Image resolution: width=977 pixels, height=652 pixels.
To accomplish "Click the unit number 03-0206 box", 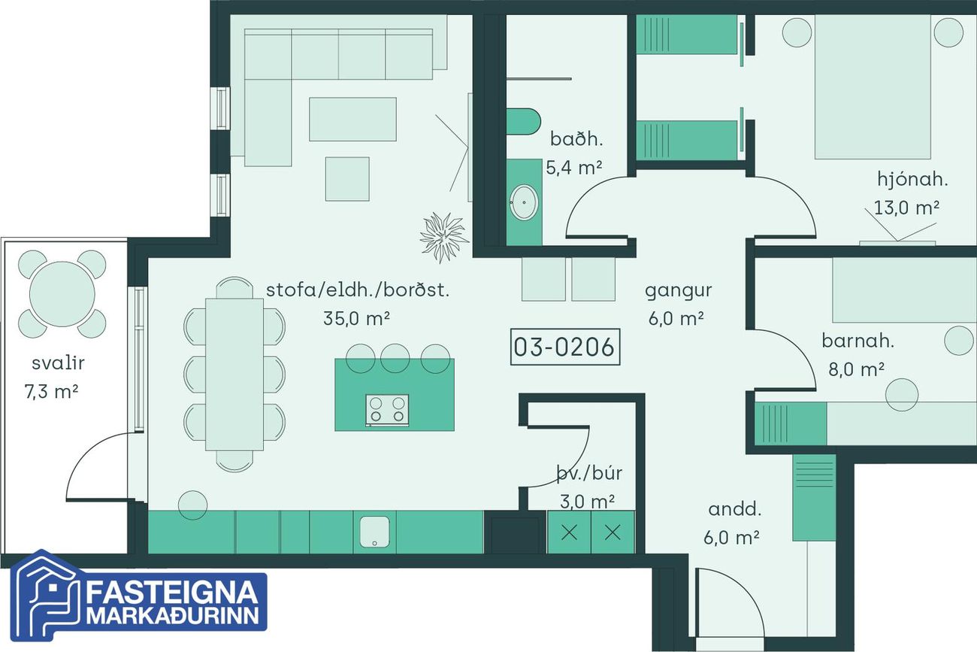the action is (x=565, y=347).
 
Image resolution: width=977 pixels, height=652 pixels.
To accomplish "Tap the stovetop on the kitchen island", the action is (x=387, y=411).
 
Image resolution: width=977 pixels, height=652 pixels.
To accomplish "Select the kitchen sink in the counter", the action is (x=375, y=532).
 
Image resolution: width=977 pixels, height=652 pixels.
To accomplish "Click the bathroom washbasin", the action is (x=524, y=202).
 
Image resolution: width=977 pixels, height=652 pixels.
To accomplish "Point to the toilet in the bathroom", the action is (x=523, y=121).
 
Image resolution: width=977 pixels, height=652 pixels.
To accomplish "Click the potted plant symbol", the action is (x=444, y=237).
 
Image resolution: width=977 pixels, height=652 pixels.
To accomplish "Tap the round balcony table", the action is (x=62, y=294).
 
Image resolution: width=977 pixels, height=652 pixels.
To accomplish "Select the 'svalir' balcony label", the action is (x=58, y=363).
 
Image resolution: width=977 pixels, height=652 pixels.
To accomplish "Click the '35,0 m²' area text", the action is (x=356, y=319).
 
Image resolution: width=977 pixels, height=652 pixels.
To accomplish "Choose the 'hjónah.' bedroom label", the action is (x=912, y=180).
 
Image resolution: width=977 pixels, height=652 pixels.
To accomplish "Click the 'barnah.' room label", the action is (x=858, y=341).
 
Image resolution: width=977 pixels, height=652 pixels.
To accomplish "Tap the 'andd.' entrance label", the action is (x=735, y=509).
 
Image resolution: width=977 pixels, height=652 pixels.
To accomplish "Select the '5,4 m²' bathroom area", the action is (x=574, y=168).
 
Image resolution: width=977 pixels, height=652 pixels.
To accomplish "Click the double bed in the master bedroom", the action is (x=873, y=86).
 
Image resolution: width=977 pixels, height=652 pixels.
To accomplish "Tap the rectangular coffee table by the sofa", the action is (x=353, y=119).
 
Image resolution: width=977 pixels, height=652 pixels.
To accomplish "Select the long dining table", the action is (x=234, y=375).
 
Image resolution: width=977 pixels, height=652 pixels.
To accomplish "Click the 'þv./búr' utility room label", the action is (x=589, y=474).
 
